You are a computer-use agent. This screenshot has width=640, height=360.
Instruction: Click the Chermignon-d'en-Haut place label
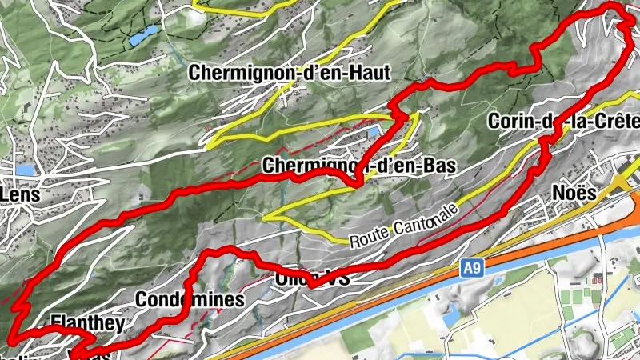(x=290, y=74)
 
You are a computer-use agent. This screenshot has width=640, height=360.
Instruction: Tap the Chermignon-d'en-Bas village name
(x=358, y=167)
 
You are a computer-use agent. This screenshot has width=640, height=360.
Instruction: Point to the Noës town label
(x=574, y=194)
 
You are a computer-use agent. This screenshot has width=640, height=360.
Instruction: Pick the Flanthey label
(x=87, y=323)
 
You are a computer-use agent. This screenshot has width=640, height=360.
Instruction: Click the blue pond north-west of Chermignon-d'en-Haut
(x=145, y=36)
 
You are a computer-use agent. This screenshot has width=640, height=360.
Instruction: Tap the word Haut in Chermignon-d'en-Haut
(x=370, y=74)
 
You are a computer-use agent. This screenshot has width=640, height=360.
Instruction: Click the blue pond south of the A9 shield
(x=450, y=317)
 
